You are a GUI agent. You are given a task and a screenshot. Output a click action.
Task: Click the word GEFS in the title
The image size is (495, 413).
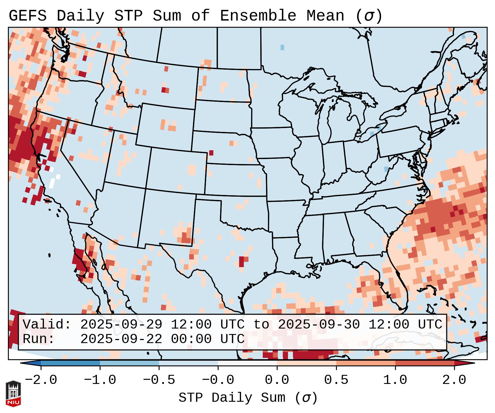click(27, 16)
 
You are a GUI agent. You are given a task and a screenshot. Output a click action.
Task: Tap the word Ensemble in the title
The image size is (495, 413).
click(258, 16)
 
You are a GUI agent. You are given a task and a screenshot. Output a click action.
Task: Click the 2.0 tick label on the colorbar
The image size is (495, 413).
click(454, 380)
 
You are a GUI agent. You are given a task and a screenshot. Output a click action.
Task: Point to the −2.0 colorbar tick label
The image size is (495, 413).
click(41, 380)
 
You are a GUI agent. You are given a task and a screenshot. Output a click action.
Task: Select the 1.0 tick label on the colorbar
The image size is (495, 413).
click(395, 380)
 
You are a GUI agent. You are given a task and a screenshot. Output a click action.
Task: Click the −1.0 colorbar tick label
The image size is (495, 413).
click(100, 380)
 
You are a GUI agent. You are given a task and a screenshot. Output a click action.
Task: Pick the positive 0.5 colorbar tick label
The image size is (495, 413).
click(336, 380)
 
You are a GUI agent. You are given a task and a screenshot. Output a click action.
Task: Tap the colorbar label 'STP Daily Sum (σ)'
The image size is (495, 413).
click(248, 398)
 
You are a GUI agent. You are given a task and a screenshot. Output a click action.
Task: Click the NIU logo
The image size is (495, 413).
click(13, 394)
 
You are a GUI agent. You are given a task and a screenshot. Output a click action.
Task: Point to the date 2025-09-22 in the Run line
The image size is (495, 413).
click(121, 339)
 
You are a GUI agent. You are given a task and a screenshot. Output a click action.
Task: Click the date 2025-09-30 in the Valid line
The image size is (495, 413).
click(319, 324)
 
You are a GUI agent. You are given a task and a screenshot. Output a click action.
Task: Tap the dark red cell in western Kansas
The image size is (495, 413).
click(211, 153)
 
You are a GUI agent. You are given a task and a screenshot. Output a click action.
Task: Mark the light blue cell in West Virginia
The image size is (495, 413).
click(386, 169)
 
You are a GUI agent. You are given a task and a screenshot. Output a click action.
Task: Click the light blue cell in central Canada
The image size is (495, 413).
click(282, 47)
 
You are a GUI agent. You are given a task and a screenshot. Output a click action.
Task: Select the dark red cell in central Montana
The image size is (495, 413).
click(164, 90)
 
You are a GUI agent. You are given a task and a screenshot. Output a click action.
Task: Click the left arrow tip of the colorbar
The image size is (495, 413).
click(22, 363)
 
